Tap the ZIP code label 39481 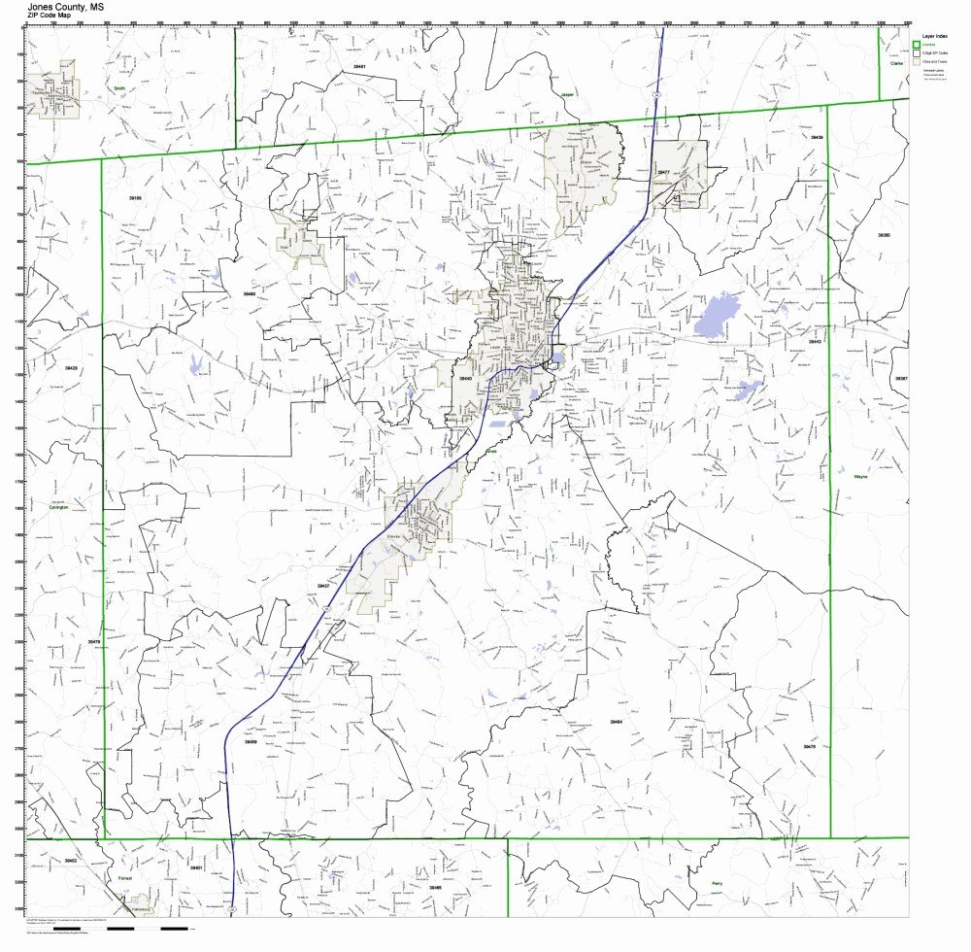359,66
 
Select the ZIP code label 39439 817,137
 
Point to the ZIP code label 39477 664,171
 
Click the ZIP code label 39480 249,292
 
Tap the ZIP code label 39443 465,379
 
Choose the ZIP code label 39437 323,586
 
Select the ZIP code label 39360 884,235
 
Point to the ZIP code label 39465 435,887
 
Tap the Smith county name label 119,87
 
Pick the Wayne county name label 859,477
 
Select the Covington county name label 59,506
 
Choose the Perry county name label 717,883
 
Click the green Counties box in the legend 915,44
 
